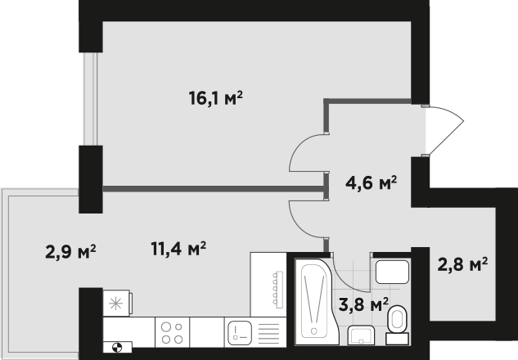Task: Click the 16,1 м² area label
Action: (216, 98)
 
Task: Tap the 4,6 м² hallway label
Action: (371, 182)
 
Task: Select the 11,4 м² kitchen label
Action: (178, 249)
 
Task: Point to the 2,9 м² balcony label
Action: (70, 252)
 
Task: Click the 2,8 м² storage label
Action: (462, 264)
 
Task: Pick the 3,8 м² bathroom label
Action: (363, 304)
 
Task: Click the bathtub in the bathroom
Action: (317, 302)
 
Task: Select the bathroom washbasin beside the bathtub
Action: (361, 335)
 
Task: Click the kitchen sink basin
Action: (240, 332)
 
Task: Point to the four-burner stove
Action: (172, 332)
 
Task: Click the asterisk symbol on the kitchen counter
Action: (115, 304)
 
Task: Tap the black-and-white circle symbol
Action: (117, 348)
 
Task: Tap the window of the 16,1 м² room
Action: (90, 99)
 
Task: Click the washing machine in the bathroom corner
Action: (393, 272)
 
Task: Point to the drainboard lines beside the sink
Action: (268, 334)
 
